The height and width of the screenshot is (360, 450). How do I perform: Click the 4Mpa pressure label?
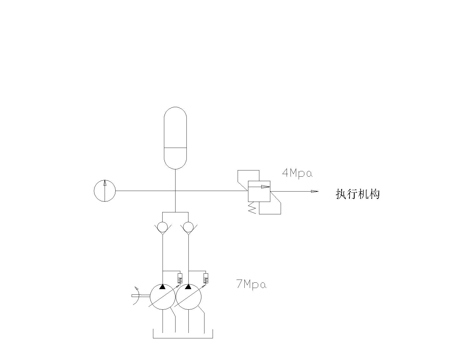point(297,173)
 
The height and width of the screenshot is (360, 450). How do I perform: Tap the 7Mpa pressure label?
point(251,285)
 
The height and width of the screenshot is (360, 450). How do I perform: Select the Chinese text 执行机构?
point(358,194)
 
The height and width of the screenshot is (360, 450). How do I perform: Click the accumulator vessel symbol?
point(175,138)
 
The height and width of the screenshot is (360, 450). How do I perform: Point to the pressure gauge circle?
point(105,191)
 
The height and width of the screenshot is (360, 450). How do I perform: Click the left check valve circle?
point(162,226)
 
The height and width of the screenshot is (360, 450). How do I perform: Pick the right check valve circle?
point(188,226)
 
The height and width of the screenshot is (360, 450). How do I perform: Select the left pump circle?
point(162,296)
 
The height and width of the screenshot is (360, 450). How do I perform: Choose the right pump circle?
point(188,296)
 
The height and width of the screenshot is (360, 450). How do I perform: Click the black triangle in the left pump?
point(162,287)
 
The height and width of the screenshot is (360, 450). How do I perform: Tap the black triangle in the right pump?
point(188,287)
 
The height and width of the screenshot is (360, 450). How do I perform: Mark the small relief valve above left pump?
point(180,278)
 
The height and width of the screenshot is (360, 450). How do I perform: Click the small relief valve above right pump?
point(206,278)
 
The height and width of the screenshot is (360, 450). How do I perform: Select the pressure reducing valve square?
point(259,191)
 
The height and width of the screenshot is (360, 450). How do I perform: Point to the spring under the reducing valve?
point(252,208)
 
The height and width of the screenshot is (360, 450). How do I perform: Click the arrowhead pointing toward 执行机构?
point(314,192)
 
